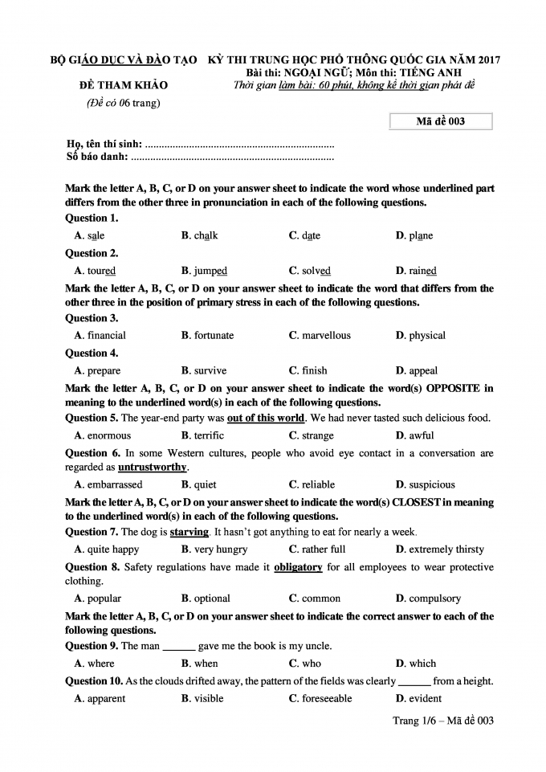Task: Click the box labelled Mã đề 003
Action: pos(440,121)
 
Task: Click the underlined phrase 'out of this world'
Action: pos(266,418)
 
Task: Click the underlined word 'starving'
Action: pos(189,532)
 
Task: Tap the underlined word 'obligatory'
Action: pos(298,567)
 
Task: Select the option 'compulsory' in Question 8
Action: pos(434,598)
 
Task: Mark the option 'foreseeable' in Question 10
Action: pos(326,699)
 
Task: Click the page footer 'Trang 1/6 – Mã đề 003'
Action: pos(442,721)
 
